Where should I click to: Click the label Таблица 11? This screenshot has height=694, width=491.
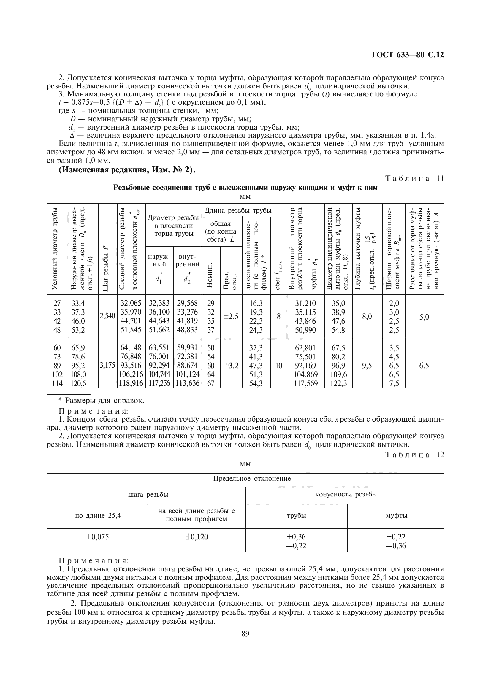(414, 178)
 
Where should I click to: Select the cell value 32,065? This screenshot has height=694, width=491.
(131, 303)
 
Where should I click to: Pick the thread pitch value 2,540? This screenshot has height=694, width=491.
(108, 316)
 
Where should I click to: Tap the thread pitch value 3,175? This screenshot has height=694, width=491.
(108, 365)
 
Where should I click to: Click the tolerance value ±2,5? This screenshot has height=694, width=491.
(231, 316)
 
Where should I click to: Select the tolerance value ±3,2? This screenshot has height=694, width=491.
(231, 366)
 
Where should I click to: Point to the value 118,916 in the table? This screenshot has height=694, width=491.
(131, 383)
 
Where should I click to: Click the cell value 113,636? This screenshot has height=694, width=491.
(187, 383)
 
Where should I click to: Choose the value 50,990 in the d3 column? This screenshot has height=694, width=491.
(305, 330)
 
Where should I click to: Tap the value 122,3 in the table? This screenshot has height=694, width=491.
(338, 383)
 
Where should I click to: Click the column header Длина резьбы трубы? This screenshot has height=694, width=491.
(238, 211)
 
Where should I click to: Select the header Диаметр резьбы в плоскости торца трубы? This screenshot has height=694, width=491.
(173, 225)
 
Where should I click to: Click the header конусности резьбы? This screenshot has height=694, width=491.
(346, 494)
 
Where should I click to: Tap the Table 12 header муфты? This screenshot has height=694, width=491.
(396, 515)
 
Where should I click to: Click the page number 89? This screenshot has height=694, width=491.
(245, 634)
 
